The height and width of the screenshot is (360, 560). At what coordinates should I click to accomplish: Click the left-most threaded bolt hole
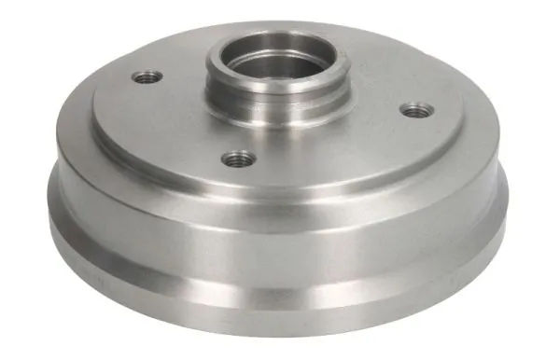tap(147, 77)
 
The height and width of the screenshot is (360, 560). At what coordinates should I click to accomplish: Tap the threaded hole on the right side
tap(413, 111)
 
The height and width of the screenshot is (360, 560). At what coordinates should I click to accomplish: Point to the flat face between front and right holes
tap(336, 149)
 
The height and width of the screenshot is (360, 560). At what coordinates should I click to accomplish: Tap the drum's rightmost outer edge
tap(511, 201)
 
